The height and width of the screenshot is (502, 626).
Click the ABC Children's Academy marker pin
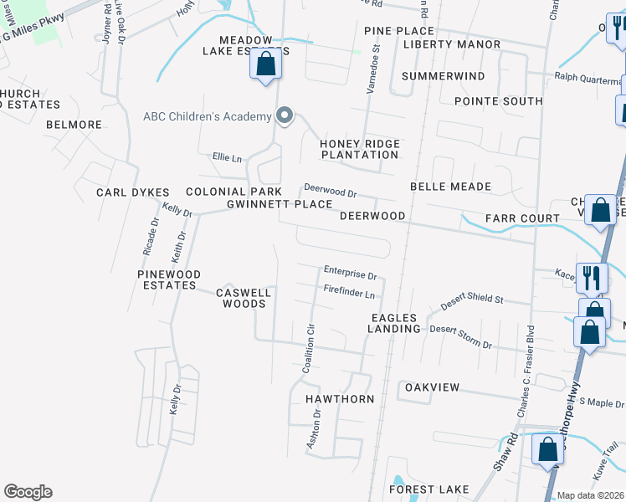285,116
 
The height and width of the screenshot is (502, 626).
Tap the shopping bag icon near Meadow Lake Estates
266,64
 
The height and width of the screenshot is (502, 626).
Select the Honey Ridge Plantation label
360,149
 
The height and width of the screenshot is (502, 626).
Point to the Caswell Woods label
244,298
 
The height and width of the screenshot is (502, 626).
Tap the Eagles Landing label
393,323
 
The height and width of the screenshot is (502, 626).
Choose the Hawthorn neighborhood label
339,399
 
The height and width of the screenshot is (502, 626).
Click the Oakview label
432,387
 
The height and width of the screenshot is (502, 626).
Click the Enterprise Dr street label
351,273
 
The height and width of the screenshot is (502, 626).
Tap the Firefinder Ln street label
348,293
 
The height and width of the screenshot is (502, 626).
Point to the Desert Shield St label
472,300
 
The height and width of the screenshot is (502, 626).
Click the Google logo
28,492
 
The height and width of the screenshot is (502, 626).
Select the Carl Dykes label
133,192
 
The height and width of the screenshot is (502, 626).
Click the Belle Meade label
450,187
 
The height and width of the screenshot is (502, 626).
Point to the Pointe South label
498,101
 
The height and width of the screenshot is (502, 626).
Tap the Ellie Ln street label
227,156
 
